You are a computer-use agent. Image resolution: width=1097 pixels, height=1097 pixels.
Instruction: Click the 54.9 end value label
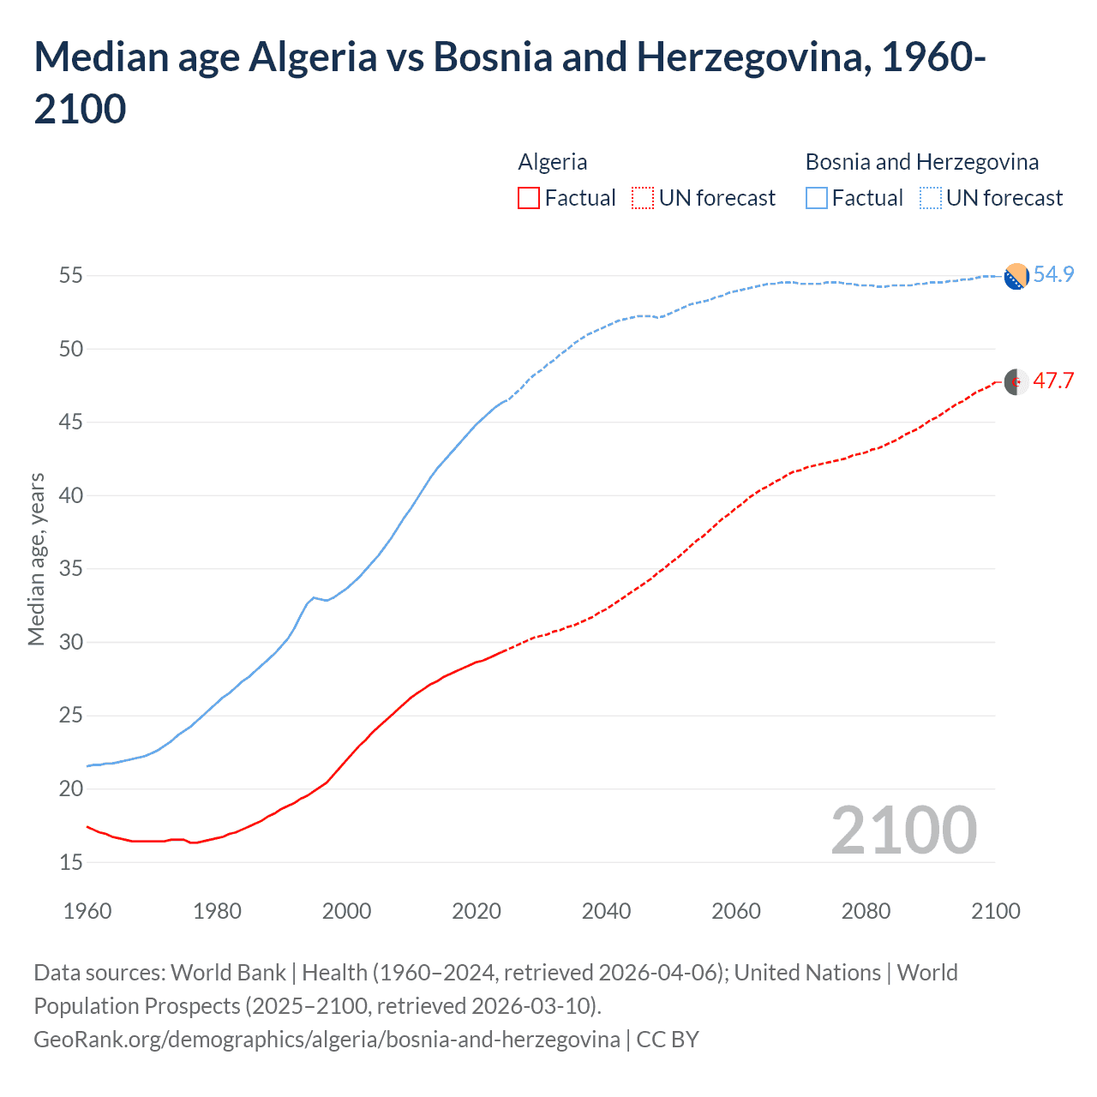pyautogui.click(x=1053, y=274)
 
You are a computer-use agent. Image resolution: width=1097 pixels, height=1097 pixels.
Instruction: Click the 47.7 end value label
pyautogui.click(x=1053, y=381)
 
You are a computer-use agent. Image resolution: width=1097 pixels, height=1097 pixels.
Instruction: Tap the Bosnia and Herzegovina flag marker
pyautogui.click(x=1016, y=277)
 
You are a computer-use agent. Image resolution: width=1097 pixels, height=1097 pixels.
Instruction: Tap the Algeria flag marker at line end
pyautogui.click(x=1016, y=382)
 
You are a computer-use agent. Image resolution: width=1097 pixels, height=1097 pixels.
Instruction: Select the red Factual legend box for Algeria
pyautogui.click(x=529, y=198)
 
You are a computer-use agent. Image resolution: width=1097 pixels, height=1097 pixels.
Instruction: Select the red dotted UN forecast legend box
pyautogui.click(x=643, y=198)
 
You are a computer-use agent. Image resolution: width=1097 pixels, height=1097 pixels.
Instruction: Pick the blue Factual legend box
pyautogui.click(x=817, y=198)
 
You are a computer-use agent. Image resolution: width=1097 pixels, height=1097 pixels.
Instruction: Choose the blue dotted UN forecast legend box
pyautogui.click(x=931, y=198)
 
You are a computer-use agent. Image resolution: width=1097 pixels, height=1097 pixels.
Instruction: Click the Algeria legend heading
pyautogui.click(x=553, y=162)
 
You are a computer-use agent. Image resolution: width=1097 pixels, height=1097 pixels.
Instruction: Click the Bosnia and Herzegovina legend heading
pyautogui.click(x=922, y=162)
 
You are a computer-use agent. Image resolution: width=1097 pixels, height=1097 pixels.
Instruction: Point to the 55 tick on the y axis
pyautogui.click(x=71, y=276)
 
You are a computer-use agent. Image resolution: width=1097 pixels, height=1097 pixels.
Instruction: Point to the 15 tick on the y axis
pyautogui.click(x=71, y=862)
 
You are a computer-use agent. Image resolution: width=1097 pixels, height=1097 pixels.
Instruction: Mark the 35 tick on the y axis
pyautogui.click(x=71, y=569)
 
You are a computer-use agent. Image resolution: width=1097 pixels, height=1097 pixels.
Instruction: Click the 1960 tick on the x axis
pyautogui.click(x=87, y=911)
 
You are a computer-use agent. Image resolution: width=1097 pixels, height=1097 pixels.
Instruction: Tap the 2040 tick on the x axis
pyautogui.click(x=606, y=911)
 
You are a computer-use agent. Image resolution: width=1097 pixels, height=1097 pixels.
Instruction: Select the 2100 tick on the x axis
pyautogui.click(x=995, y=911)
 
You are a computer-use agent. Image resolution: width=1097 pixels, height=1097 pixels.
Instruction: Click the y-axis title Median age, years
pyautogui.click(x=36, y=559)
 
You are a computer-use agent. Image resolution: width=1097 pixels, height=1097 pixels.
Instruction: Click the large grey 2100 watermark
pyautogui.click(x=903, y=830)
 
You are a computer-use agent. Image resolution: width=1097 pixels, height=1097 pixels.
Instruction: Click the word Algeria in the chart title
pyautogui.click(x=312, y=57)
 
